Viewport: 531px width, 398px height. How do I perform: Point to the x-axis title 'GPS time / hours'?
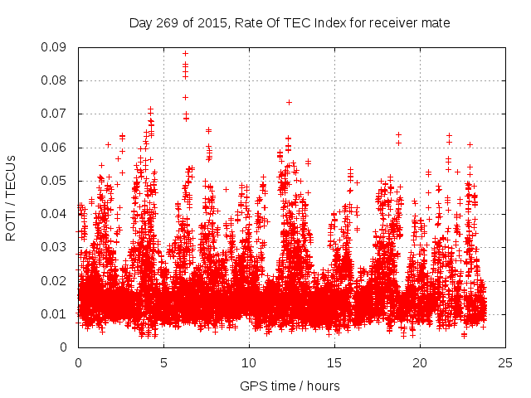point(290,386)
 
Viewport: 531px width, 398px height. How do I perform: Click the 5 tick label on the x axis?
point(163,362)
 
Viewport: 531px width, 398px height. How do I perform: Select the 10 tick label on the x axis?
point(249,362)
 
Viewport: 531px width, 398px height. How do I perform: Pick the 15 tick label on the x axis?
point(334,362)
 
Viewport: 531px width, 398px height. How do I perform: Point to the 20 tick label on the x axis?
point(420,362)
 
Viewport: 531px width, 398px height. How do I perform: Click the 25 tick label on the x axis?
point(505,362)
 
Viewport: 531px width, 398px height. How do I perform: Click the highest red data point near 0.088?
point(185,54)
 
